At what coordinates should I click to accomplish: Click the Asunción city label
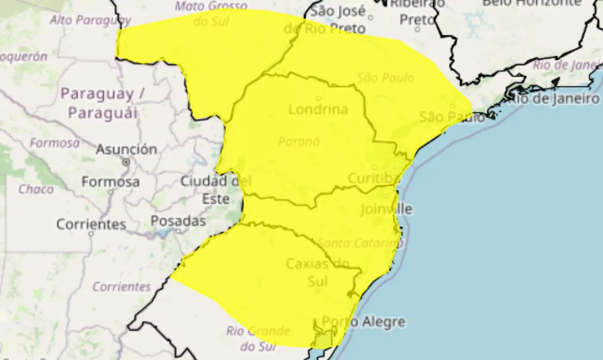(x=126, y=149)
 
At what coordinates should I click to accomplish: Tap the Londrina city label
(x=318, y=109)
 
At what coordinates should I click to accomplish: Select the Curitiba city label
(x=374, y=179)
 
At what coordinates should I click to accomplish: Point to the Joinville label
(x=386, y=209)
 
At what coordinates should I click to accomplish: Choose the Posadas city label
(x=178, y=221)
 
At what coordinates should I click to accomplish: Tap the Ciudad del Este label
(x=216, y=189)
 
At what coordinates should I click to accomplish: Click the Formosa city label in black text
(x=110, y=181)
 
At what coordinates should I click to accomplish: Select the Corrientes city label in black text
(x=91, y=224)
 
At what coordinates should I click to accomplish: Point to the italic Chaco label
(x=36, y=189)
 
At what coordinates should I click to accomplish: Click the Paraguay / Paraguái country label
(x=103, y=103)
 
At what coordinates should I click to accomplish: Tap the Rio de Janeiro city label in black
(x=556, y=99)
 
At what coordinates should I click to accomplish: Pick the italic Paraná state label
(x=299, y=141)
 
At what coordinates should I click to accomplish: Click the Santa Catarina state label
(x=360, y=243)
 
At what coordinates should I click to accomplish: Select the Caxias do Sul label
(x=318, y=272)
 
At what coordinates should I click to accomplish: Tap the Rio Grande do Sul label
(x=257, y=338)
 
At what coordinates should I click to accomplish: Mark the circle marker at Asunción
(x=126, y=162)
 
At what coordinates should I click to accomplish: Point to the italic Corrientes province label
(x=122, y=286)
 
